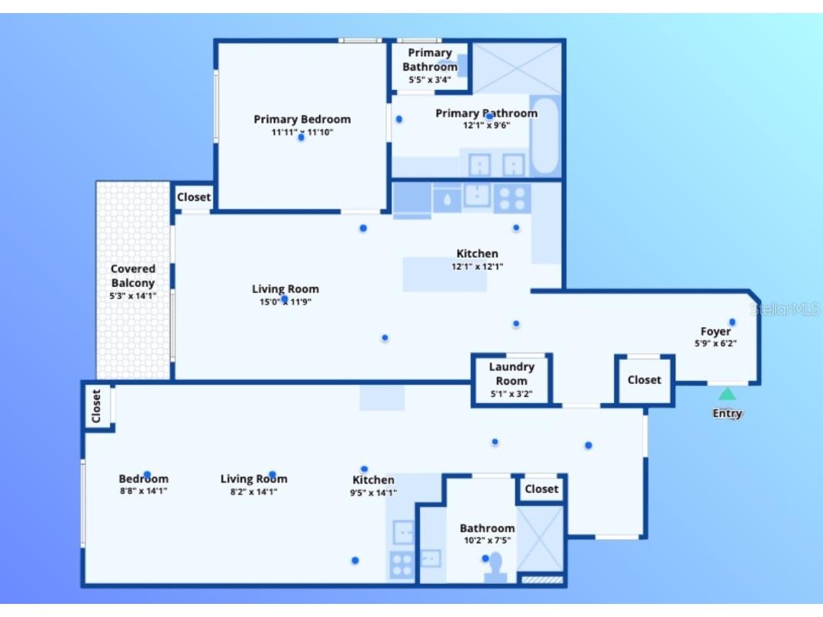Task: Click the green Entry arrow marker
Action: click(727, 394)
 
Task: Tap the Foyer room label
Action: click(715, 332)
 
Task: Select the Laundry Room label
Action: click(511, 374)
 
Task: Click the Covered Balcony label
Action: click(133, 276)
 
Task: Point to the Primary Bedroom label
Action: click(302, 119)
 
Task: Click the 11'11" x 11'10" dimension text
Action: click(302, 132)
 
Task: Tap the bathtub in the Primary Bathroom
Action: click(546, 136)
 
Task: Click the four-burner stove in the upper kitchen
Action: click(511, 198)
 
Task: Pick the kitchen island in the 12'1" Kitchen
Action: click(445, 275)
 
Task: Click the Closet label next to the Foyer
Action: click(644, 379)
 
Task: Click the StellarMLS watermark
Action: click(785, 309)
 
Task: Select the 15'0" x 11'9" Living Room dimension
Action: click(285, 302)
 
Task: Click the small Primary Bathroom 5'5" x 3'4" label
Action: click(429, 78)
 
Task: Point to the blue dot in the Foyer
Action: click(732, 322)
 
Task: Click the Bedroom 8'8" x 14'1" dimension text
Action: click(143, 490)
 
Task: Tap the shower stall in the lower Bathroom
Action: click(540, 538)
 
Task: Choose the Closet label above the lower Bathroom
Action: click(541, 489)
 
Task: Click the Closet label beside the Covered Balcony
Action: click(193, 197)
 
